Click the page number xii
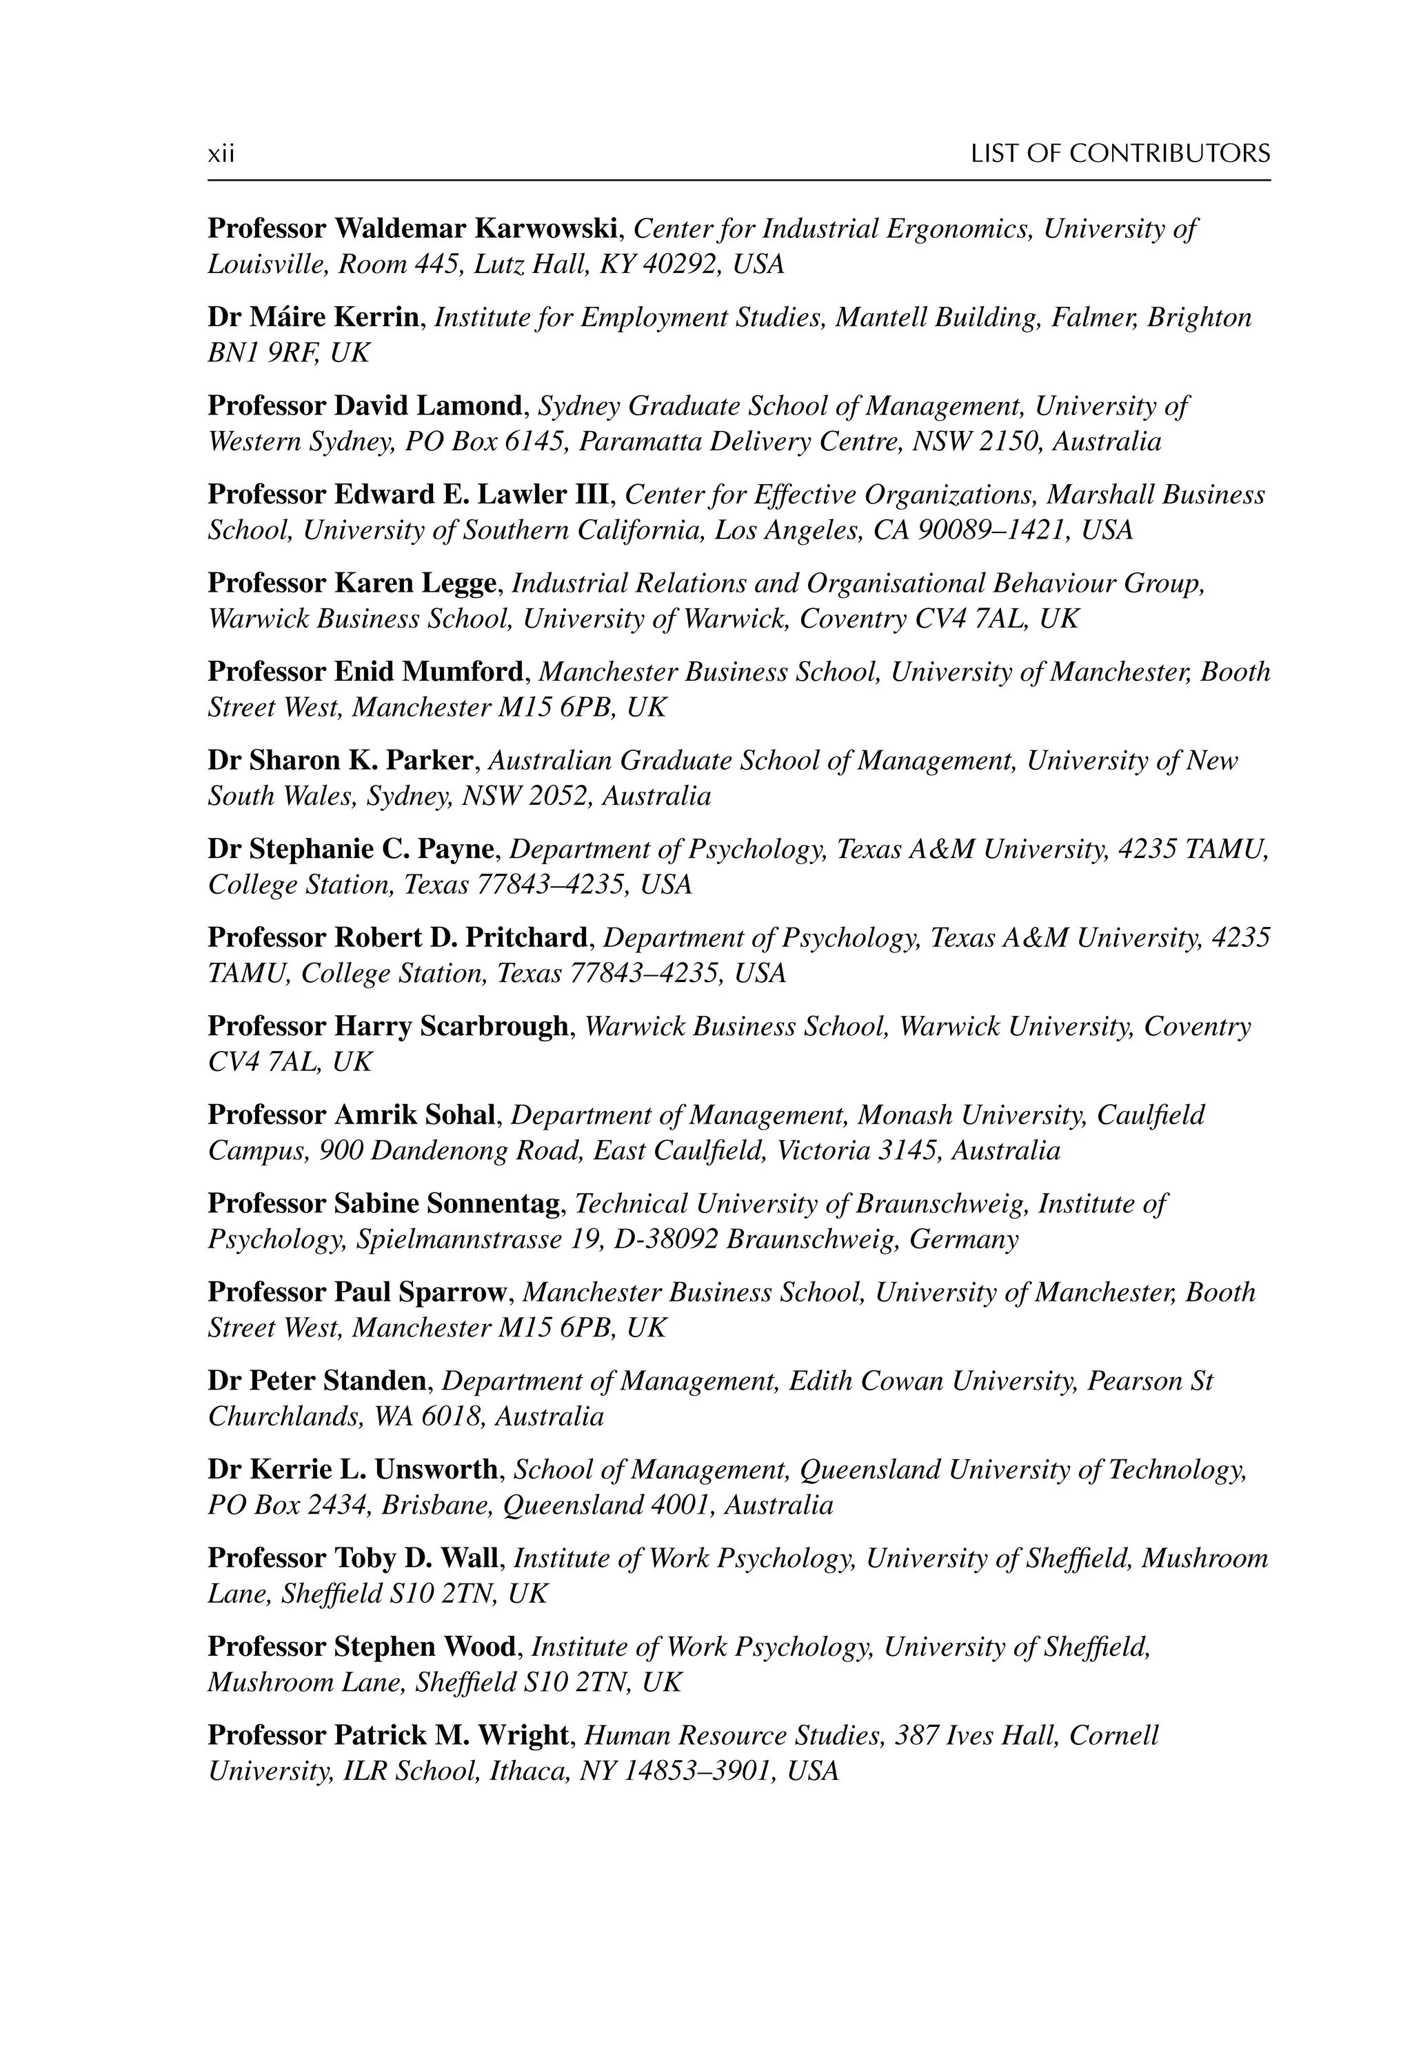pyautogui.click(x=221, y=155)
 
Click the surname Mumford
pyautogui.click(x=463, y=672)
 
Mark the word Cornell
pyautogui.click(x=1113, y=1735)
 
